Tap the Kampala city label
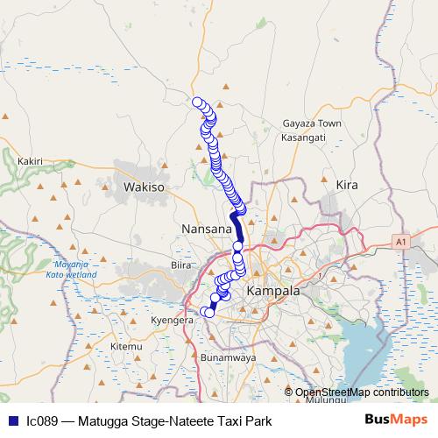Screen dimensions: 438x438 [x=273, y=290]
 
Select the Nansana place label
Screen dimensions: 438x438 [x=206, y=229]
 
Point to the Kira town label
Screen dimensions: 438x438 [x=348, y=185]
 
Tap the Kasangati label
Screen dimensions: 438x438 [x=304, y=138]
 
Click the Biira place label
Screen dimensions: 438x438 [x=181, y=265]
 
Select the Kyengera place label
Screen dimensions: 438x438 [x=172, y=321]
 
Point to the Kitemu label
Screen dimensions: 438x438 [x=126, y=347]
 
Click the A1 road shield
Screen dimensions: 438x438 [x=401, y=240]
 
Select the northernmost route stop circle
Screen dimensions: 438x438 [x=198, y=102]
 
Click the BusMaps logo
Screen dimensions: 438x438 [x=402, y=420]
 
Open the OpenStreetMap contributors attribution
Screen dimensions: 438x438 [x=362, y=392]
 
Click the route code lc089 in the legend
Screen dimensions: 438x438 [x=43, y=420]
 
